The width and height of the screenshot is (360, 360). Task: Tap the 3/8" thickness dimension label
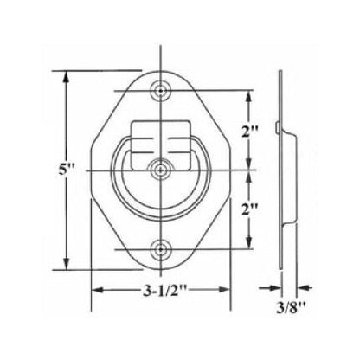290,308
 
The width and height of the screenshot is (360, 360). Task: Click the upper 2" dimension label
250,132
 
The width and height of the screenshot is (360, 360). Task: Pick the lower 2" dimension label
250,210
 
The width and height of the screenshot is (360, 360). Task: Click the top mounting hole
160,91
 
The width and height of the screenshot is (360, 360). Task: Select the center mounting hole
160,170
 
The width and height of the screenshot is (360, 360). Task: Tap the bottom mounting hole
160,249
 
